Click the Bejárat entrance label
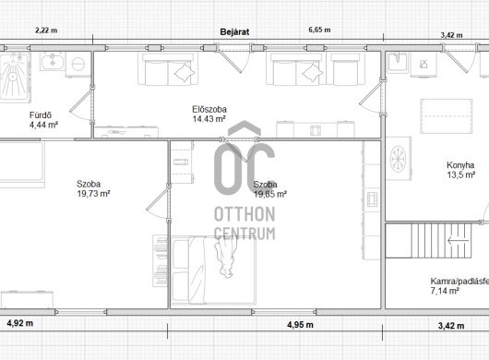pyautogui.click(x=234, y=32)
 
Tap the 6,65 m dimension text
pyautogui.click(x=319, y=30)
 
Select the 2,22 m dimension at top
pyautogui.click(x=46, y=30)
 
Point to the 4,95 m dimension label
pyautogui.click(x=300, y=325)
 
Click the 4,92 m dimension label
pyautogui.click(x=19, y=323)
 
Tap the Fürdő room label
pyautogui.click(x=41, y=115)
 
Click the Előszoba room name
pyautogui.click(x=209, y=110)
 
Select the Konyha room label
pyautogui.click(x=460, y=165)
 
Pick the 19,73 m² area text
pyautogui.click(x=93, y=194)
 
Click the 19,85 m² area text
pyautogui.click(x=270, y=195)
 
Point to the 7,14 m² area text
pyautogui.click(x=445, y=291)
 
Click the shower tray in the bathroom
pyautogui.click(x=15, y=78)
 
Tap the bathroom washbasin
pyautogui.click(x=53, y=61)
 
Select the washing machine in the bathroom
pyautogui.click(x=78, y=65)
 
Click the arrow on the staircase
pyautogui.click(x=459, y=241)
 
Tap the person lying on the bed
pyautogui.click(x=225, y=257)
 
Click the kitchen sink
pyautogui.click(x=398, y=63)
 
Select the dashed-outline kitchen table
pyautogui.click(x=446, y=116)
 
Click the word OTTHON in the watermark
pyautogui.click(x=244, y=214)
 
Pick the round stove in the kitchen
pyautogui.click(x=399, y=159)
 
